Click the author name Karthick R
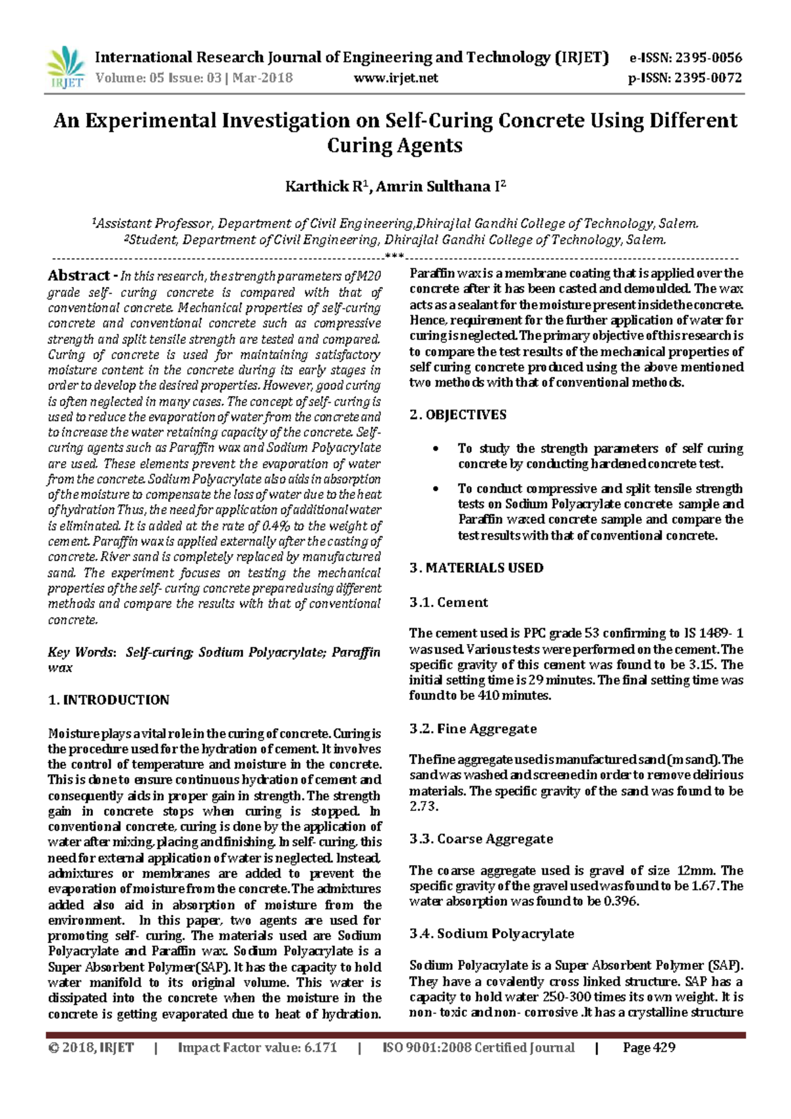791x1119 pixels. click(325, 187)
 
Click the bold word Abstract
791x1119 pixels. click(78, 276)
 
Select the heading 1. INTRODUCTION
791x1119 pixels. click(109, 700)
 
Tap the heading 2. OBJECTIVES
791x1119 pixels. click(458, 415)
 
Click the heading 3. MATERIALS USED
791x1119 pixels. click(477, 568)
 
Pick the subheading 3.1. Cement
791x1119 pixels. click(449, 602)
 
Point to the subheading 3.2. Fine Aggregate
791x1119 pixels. click(473, 729)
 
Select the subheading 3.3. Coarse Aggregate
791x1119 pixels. click(481, 839)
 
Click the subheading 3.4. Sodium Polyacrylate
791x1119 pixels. click(492, 934)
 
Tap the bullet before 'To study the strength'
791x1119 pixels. click(435, 449)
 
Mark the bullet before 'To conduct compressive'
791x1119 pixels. click(435, 490)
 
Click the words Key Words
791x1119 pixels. click(80, 653)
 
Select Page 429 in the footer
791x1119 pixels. click(649, 1048)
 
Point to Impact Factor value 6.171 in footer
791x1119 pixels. click(257, 1048)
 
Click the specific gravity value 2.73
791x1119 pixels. click(423, 806)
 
